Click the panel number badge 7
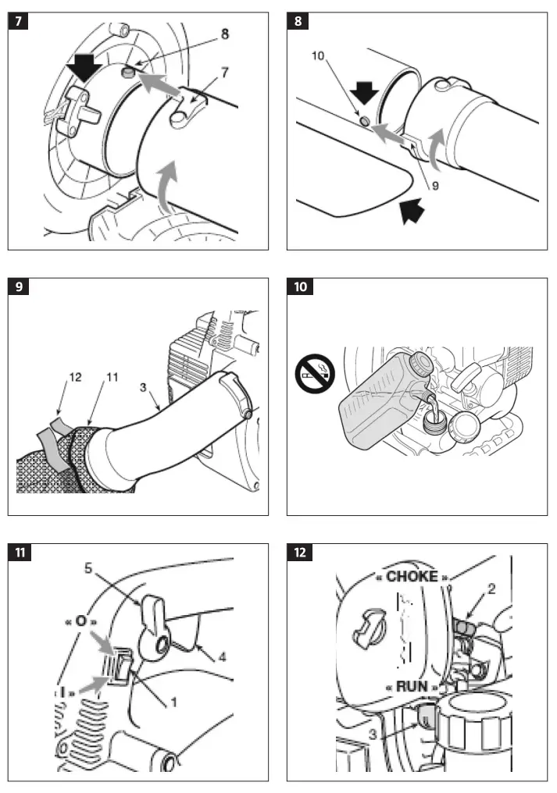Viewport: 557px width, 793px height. point(18,21)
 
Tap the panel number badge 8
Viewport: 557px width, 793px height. point(298,21)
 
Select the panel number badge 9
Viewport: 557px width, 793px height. point(18,286)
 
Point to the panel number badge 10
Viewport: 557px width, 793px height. point(300,286)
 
